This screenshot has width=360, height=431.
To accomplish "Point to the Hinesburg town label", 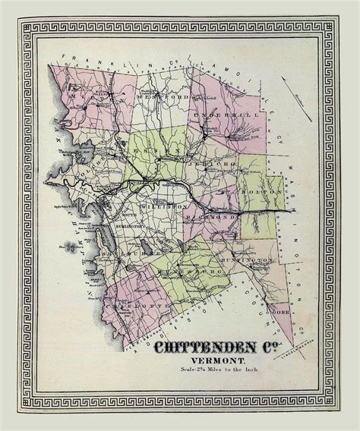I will pyautogui.click(x=178, y=271).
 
